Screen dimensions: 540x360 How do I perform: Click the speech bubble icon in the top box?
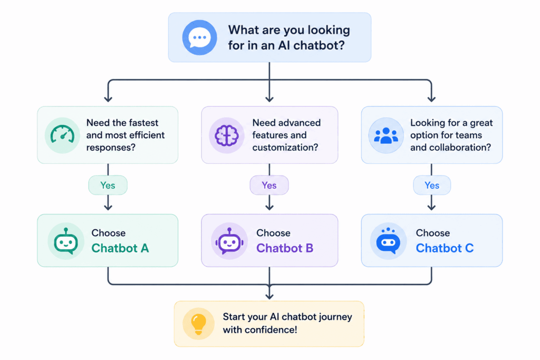pyautogui.click(x=199, y=37)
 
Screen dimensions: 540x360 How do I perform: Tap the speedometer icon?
pyautogui.click(x=62, y=135)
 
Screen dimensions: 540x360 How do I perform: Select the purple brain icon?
pyautogui.click(x=227, y=135)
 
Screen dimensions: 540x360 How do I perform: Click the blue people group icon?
pyautogui.click(x=386, y=135)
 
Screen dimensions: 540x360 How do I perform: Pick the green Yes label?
pyautogui.click(x=108, y=185)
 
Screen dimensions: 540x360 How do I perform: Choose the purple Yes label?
pyautogui.click(x=269, y=185)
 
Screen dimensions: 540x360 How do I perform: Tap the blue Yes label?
pyautogui.click(x=432, y=185)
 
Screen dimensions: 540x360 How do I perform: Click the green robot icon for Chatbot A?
pyautogui.click(x=66, y=241)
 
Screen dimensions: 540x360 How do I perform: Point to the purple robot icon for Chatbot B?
pyautogui.click(x=229, y=241)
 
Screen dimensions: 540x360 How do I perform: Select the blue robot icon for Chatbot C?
pyautogui.click(x=388, y=241)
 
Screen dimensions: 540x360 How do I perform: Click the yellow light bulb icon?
pyautogui.click(x=199, y=324)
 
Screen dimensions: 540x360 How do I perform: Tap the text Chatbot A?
pyautogui.click(x=120, y=248)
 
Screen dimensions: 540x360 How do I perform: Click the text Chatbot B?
pyautogui.click(x=285, y=248)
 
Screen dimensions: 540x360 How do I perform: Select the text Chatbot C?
pyautogui.click(x=445, y=248)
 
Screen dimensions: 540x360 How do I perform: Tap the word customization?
pyautogui.click(x=285, y=147)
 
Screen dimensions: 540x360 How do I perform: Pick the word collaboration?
pyautogui.click(x=458, y=147)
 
